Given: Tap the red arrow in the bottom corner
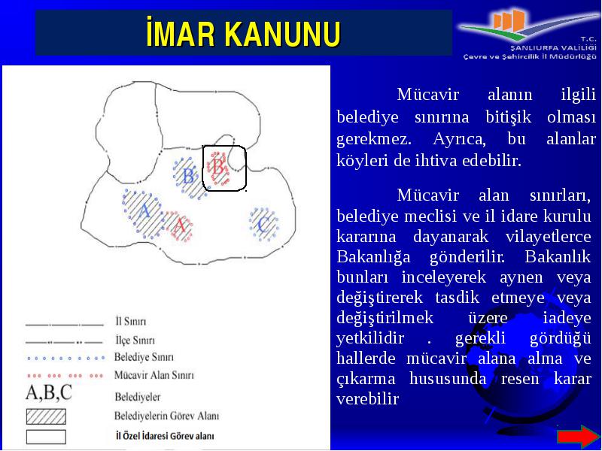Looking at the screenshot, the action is point(578,437).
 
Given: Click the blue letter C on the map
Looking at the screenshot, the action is point(263,224).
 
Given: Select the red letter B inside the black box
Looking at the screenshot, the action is point(217,167).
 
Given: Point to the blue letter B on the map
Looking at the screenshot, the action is point(189,177).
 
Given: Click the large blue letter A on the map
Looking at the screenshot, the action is point(144,210).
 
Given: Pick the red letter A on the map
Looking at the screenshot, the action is point(180,225).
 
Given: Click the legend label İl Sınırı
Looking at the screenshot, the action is point(131,322).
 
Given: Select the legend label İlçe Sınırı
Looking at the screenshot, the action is point(135,341).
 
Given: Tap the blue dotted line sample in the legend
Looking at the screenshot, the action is point(65,359).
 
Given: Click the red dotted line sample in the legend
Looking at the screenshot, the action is point(65,376).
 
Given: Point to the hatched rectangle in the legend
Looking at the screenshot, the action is point(46,416).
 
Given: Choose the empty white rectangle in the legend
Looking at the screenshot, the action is point(46,437).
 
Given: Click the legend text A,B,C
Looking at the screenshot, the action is point(49,392).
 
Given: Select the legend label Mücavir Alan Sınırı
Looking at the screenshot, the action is point(154,374).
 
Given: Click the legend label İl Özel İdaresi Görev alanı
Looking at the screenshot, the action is point(165,436).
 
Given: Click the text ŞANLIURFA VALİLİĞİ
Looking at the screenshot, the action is point(553,48).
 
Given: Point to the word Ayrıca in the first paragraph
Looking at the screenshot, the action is point(459,139).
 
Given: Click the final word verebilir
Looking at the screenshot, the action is point(368,399).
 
